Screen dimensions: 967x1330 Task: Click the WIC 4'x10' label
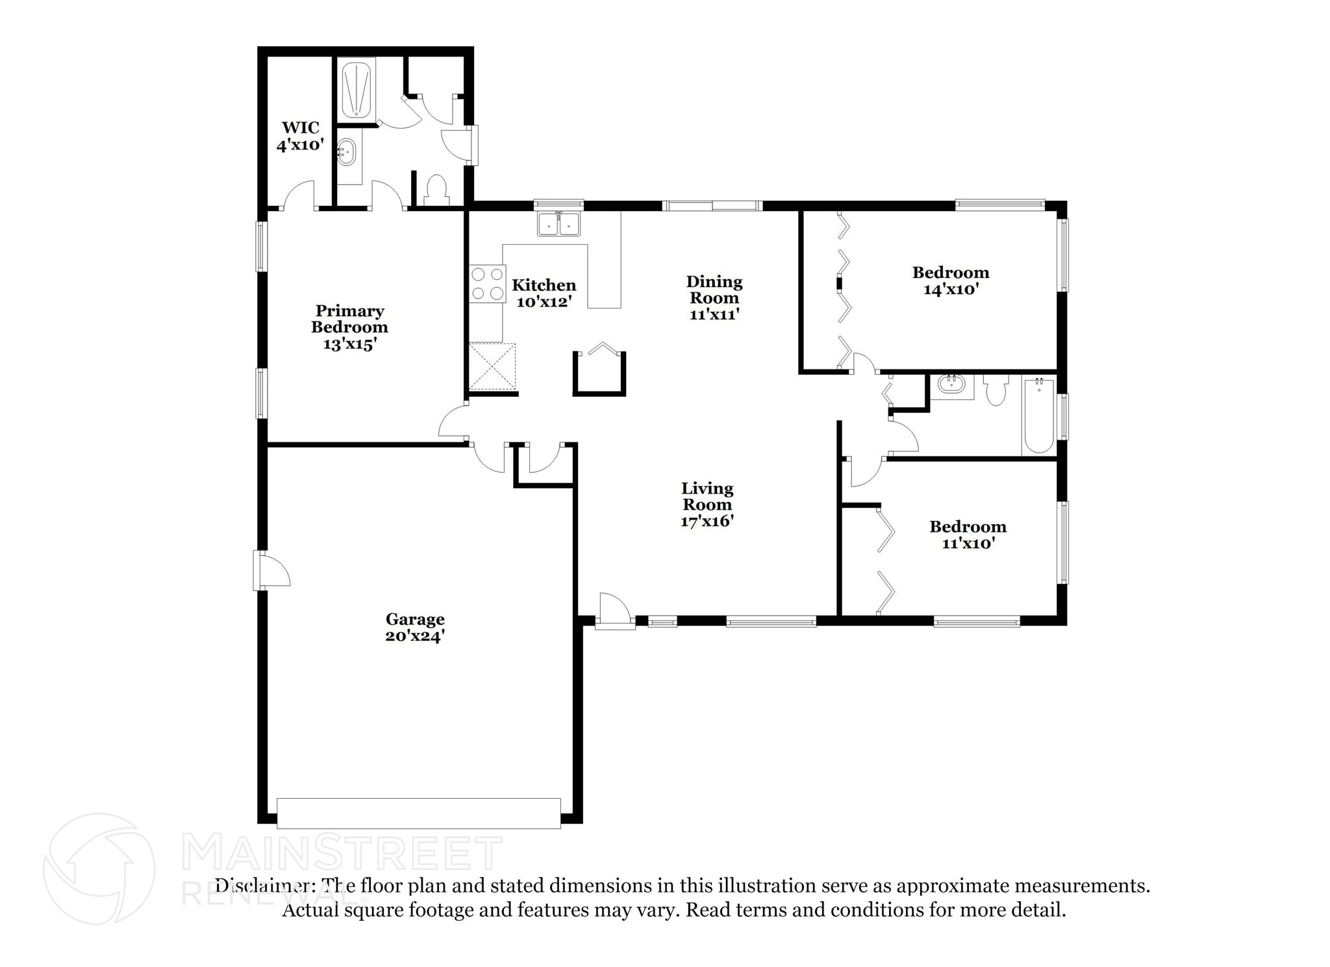pyautogui.click(x=299, y=136)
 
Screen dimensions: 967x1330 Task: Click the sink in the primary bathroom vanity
pyautogui.click(x=347, y=153)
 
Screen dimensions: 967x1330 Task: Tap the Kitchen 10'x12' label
pyautogui.click(x=544, y=293)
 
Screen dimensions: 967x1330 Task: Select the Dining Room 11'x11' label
pyautogui.click(x=714, y=298)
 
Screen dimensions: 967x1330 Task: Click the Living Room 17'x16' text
pyautogui.click(x=707, y=505)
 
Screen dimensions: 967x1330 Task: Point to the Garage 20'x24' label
pyautogui.click(x=414, y=627)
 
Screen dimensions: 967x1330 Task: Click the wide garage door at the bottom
pyautogui.click(x=418, y=813)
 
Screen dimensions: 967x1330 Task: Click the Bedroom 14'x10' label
pyautogui.click(x=950, y=281)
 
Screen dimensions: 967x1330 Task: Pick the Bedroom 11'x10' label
pyautogui.click(x=968, y=534)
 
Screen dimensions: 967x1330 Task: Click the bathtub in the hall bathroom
pyautogui.click(x=1038, y=416)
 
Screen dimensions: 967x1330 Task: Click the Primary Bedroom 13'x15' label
pyautogui.click(x=349, y=327)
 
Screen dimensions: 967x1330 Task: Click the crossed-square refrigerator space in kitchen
pyautogui.click(x=492, y=367)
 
